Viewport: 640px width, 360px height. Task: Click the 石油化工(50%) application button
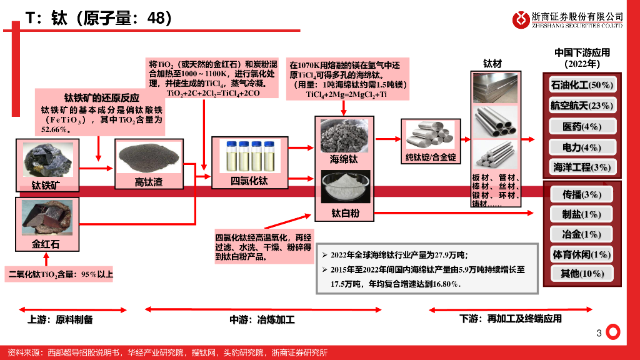tap(581, 84)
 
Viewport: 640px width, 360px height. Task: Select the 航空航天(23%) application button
tap(581, 106)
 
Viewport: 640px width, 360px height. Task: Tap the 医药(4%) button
tap(581, 126)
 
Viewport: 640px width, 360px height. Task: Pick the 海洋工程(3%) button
tap(581, 167)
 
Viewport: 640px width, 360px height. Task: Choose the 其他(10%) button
tap(581, 273)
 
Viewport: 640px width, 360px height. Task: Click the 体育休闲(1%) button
tap(581, 254)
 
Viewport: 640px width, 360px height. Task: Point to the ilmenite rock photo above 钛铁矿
tap(47, 159)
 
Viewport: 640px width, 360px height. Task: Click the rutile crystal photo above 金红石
tap(46, 217)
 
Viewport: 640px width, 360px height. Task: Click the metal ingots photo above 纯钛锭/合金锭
tap(431, 134)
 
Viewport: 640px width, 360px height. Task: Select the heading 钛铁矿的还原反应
tap(102, 98)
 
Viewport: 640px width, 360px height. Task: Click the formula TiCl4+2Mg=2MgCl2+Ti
tap(346, 94)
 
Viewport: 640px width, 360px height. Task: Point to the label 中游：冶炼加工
tap(262, 320)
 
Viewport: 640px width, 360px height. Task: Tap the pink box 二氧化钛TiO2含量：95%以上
tap(61, 274)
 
